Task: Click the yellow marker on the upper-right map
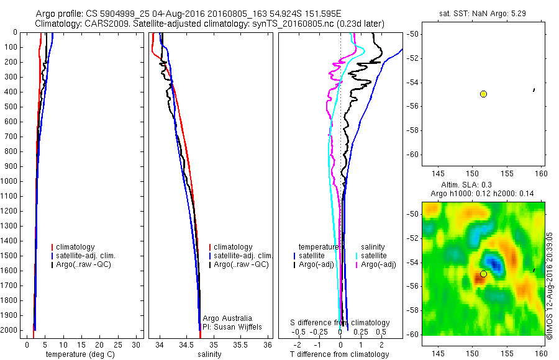pos(483,94)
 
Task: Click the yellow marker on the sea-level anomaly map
pos(483,274)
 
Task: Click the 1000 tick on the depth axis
pos(12,182)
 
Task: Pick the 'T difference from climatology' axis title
pos(339,354)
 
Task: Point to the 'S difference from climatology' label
pos(340,323)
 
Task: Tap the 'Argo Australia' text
pos(227,318)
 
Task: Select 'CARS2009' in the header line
pos(101,24)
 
